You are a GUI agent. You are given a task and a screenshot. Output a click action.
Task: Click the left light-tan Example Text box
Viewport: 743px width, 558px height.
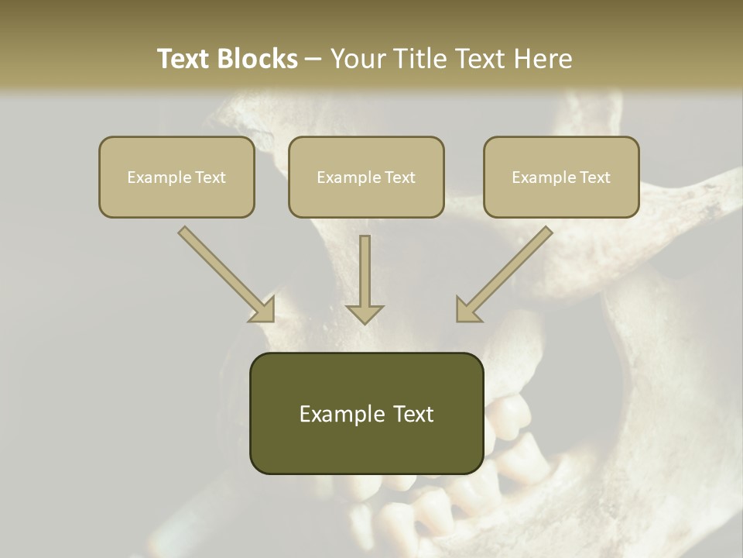pos(176,177)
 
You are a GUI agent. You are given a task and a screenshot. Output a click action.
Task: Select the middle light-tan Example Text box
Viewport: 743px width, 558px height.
pos(366,177)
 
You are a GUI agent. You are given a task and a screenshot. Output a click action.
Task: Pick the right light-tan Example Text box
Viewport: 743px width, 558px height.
pos(561,177)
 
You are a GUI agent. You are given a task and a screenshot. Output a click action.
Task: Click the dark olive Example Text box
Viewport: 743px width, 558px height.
pos(366,413)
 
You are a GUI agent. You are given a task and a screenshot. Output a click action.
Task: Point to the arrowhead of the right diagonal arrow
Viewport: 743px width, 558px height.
pos(467,310)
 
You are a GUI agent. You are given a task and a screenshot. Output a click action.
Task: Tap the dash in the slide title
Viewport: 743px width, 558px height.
pos(313,59)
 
